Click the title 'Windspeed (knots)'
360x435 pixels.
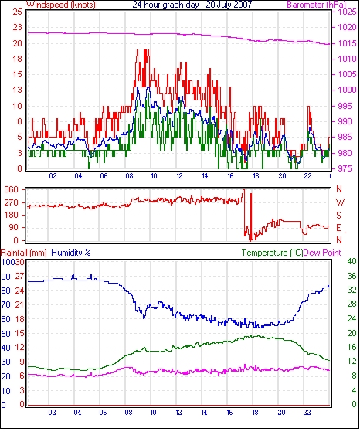(x=61, y=5)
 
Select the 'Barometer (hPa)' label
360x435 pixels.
(x=316, y=5)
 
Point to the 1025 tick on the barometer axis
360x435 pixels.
(x=347, y=12)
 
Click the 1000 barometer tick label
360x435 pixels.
(x=347, y=90)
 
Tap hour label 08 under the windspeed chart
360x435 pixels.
(x=129, y=176)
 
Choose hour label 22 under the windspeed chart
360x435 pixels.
(x=307, y=176)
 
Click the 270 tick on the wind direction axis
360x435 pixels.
(x=12, y=202)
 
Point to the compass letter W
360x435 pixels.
(x=340, y=202)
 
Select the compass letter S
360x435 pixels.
(x=338, y=216)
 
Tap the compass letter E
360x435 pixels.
(x=338, y=228)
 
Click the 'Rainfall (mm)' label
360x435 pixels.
(x=24, y=253)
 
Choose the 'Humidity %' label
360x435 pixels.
(x=71, y=253)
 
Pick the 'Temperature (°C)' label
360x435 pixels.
(x=272, y=253)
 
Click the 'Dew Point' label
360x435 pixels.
(x=322, y=253)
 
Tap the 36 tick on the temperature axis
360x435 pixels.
(x=352, y=276)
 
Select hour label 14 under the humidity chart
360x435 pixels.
(x=204, y=413)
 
